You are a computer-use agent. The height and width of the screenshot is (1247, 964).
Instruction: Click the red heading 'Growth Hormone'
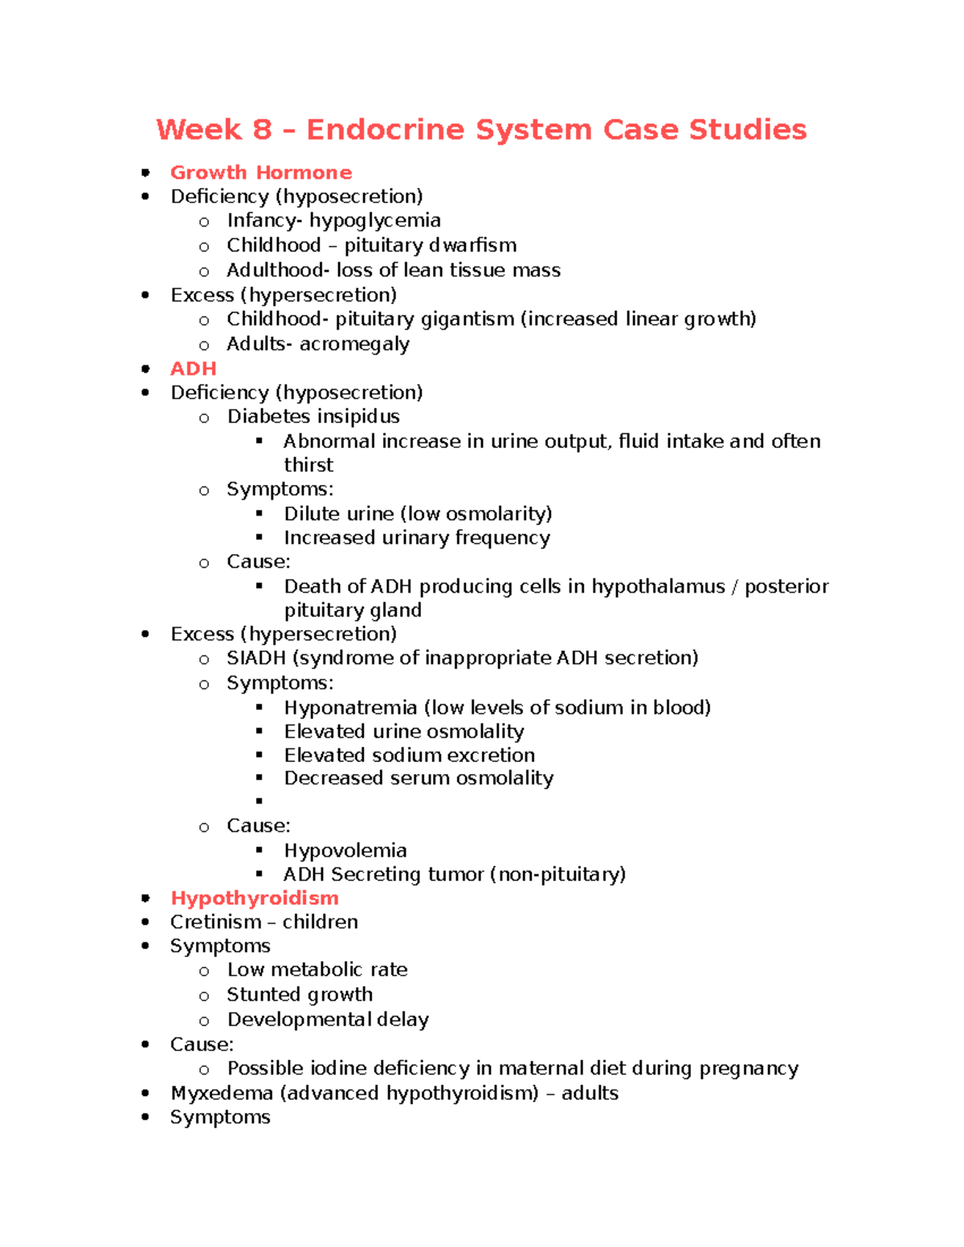(260, 173)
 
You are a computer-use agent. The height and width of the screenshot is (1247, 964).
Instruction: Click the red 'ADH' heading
(193, 369)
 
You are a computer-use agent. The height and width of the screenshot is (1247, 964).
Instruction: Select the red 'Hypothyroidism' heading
(254, 898)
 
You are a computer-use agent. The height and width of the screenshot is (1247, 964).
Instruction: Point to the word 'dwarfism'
(472, 245)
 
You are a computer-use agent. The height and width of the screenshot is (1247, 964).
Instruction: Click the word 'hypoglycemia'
(375, 221)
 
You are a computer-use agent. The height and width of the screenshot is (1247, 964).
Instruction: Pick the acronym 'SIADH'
(256, 658)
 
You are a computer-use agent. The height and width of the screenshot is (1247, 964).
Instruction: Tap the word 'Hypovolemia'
(345, 850)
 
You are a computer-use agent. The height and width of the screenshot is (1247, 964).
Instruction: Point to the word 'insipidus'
(357, 417)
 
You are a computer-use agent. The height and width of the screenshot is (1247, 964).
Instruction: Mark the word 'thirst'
(308, 465)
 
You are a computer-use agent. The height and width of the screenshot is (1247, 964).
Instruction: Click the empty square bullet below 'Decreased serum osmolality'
(259, 801)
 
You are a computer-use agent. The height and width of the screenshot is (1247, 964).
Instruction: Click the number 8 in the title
(262, 129)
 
